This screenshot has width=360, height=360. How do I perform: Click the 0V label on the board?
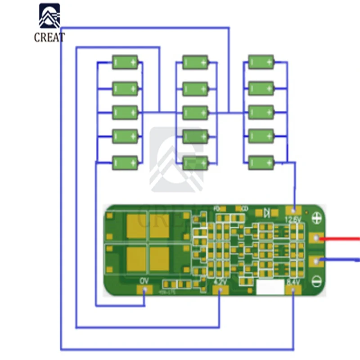(144, 281)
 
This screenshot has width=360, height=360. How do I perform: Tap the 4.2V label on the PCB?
(220, 282)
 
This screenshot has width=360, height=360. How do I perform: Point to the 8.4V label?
(293, 282)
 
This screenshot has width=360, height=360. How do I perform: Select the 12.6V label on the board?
(293, 219)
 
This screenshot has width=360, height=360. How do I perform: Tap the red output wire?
(342, 238)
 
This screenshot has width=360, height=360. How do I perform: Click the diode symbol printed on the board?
(267, 211)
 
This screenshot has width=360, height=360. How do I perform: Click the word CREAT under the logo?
(49, 38)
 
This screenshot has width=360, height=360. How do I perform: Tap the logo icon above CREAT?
(49, 17)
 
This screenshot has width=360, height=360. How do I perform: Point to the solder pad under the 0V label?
(144, 290)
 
